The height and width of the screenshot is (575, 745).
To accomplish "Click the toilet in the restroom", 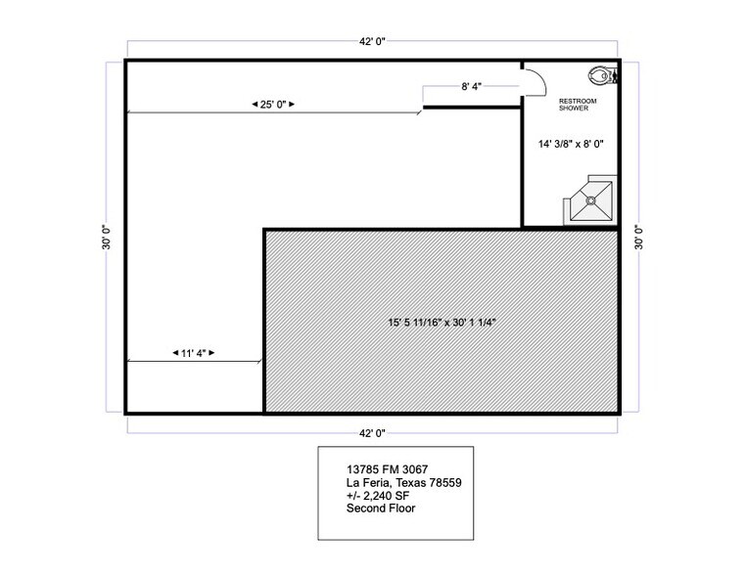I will click(598, 74).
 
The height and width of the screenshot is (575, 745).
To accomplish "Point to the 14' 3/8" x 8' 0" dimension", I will click(571, 144).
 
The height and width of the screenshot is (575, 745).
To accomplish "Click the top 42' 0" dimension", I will click(374, 42).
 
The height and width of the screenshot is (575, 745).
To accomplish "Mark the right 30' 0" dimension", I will click(638, 237).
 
